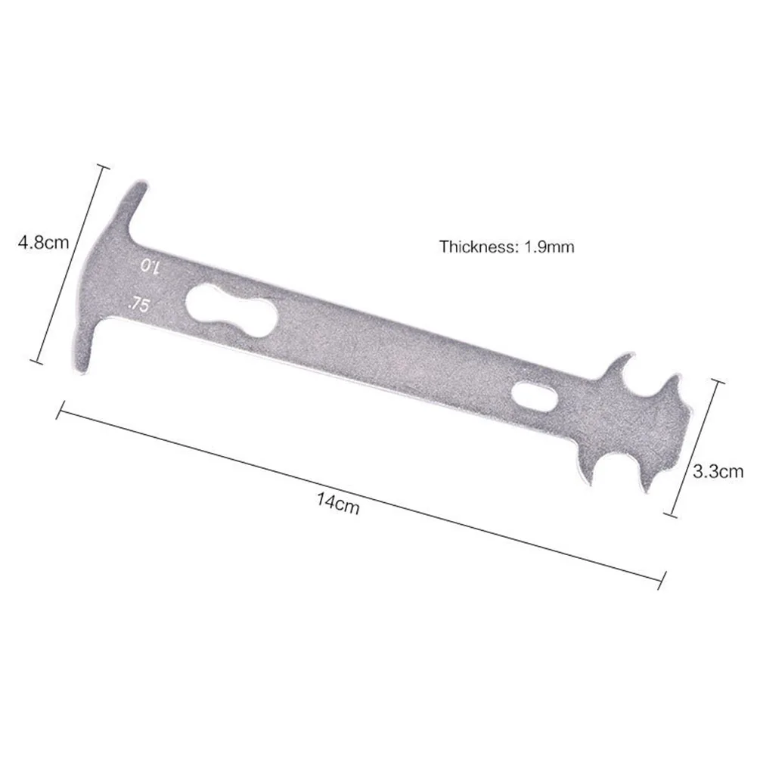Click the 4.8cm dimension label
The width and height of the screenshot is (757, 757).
pyautogui.click(x=43, y=242)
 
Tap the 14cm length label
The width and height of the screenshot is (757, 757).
pyautogui.click(x=338, y=503)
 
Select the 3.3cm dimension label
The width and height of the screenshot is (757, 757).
pyautogui.click(x=718, y=471)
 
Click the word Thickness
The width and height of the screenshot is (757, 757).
pyautogui.click(x=477, y=247)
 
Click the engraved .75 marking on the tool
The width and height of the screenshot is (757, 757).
pyautogui.click(x=138, y=304)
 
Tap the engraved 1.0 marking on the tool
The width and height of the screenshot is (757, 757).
pyautogui.click(x=150, y=267)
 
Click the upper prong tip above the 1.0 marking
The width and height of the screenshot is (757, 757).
pyautogui.click(x=142, y=184)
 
